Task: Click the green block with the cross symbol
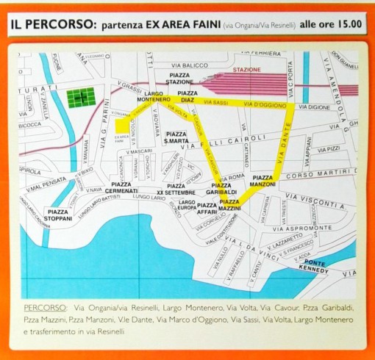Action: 82,97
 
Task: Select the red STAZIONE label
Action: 246,70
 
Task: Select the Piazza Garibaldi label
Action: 222,189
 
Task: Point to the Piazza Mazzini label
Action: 229,205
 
